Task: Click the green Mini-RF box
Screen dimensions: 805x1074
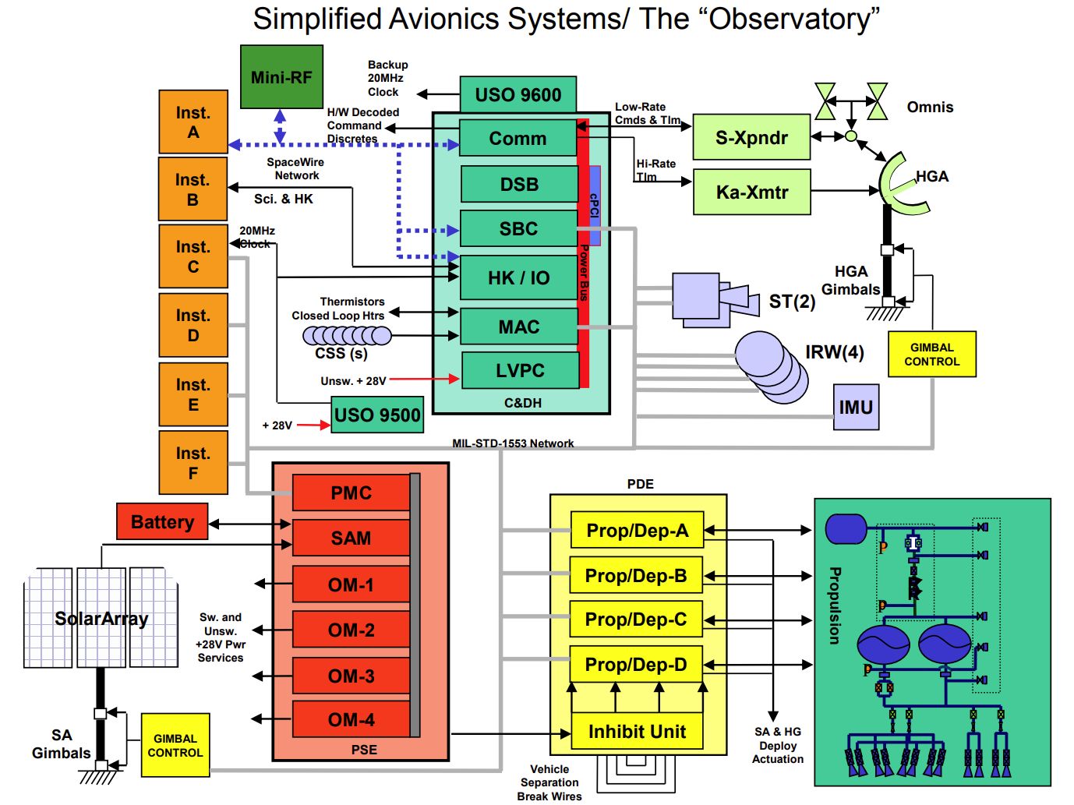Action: pyautogui.click(x=281, y=77)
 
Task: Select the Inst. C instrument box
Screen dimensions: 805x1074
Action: pyautogui.click(x=193, y=256)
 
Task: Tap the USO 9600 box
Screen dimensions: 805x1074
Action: pyautogui.click(x=518, y=95)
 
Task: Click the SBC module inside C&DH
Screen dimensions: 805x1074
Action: pyautogui.click(x=518, y=228)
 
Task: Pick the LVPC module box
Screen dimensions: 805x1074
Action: pyautogui.click(x=520, y=370)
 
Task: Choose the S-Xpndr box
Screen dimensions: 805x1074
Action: pyautogui.click(x=751, y=138)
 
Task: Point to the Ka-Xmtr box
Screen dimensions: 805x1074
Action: pyautogui.click(x=751, y=192)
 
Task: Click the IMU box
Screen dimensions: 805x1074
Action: pyautogui.click(x=856, y=407)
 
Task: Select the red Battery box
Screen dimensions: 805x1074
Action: pyautogui.click(x=162, y=521)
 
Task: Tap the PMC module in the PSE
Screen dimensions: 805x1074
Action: pyautogui.click(x=351, y=493)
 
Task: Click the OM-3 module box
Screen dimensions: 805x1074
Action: pyautogui.click(x=351, y=676)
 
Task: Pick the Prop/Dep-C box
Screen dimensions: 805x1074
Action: pyautogui.click(x=636, y=620)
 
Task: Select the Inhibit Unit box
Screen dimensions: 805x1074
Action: pyautogui.click(x=637, y=732)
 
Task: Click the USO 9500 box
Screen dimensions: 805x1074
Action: pyautogui.click(x=377, y=415)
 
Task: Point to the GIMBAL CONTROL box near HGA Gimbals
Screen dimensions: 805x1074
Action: pyautogui.click(x=931, y=355)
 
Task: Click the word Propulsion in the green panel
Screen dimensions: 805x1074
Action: pyautogui.click(x=834, y=606)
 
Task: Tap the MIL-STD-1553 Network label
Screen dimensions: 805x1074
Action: pyautogui.click(x=513, y=443)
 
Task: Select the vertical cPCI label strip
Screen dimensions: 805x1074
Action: pyautogui.click(x=595, y=206)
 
